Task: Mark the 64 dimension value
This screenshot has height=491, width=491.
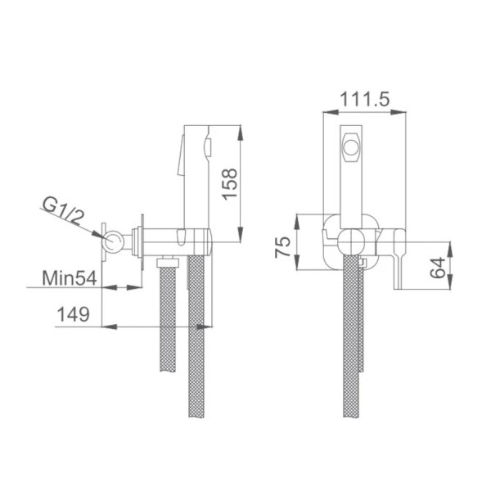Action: [x=439, y=267]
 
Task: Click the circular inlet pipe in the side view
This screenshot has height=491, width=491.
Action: [x=114, y=241]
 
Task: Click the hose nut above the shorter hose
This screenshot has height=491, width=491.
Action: [x=168, y=261]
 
